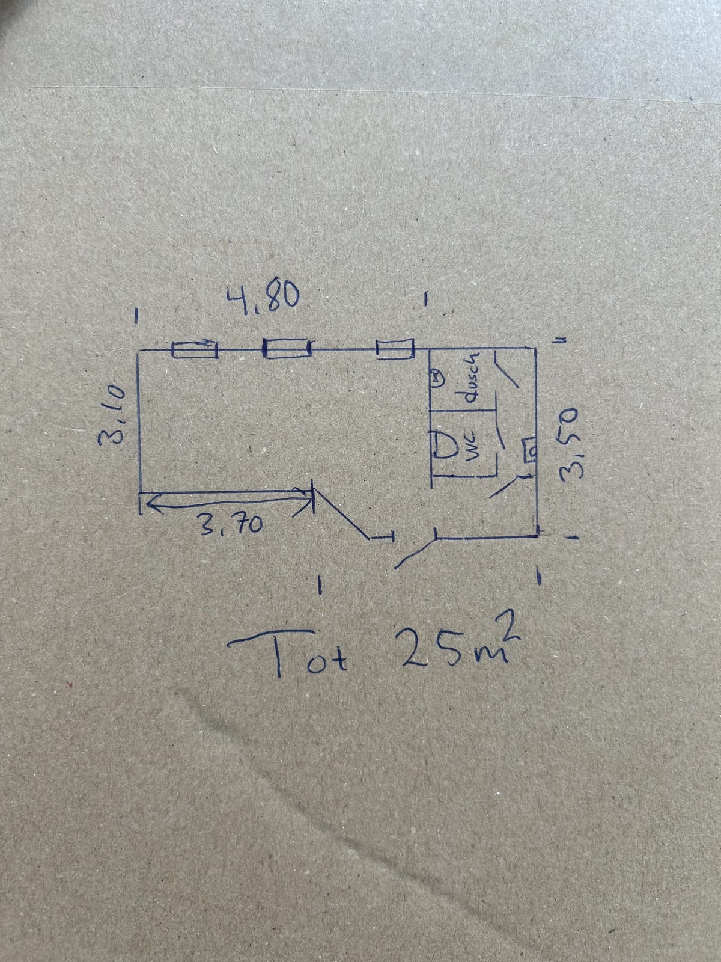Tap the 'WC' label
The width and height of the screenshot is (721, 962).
point(475,449)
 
